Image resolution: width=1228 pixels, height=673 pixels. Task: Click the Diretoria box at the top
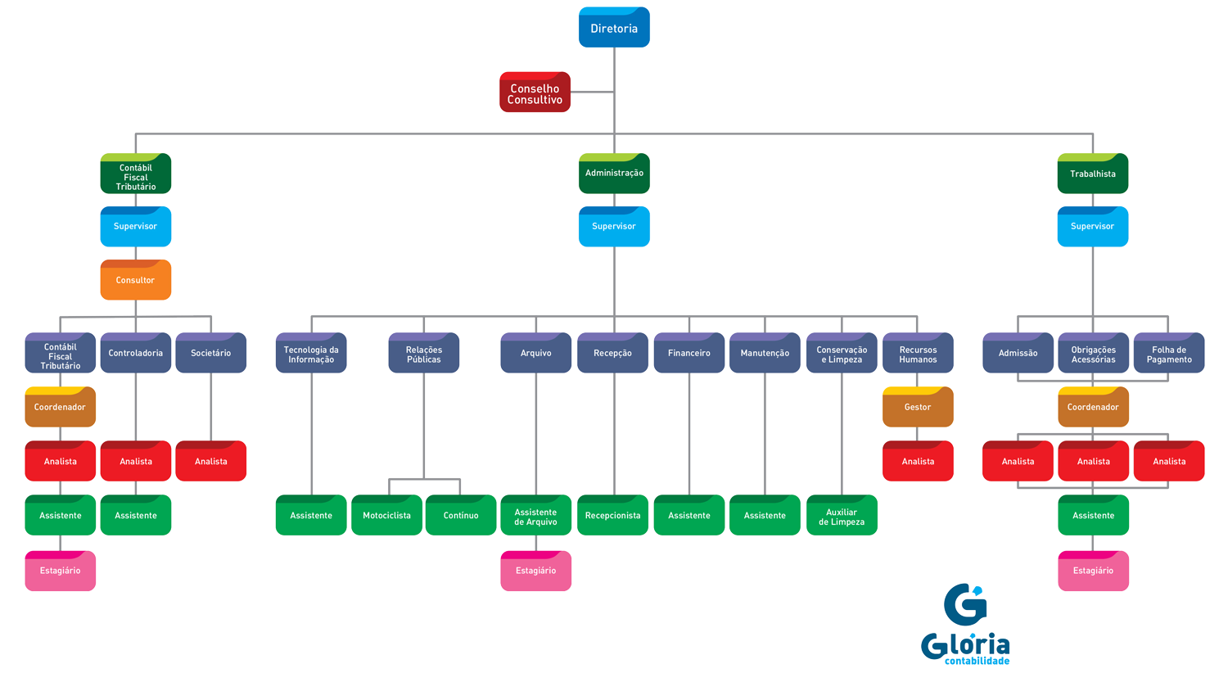click(x=614, y=28)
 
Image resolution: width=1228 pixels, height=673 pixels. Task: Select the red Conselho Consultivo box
click(x=535, y=93)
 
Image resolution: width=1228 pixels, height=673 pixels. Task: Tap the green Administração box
click(x=614, y=174)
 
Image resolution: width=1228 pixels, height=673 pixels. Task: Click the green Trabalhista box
click(x=1092, y=174)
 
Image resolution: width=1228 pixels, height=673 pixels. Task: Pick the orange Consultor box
click(x=135, y=280)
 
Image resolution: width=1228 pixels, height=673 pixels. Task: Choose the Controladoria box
click(x=135, y=353)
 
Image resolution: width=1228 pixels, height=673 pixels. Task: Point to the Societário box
click(x=210, y=353)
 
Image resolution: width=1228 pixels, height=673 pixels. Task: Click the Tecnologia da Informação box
click(x=311, y=354)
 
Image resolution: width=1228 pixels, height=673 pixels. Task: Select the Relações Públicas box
click(x=423, y=354)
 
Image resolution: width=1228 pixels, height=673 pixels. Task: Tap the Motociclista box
click(x=386, y=515)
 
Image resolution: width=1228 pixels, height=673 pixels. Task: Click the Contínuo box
click(x=461, y=515)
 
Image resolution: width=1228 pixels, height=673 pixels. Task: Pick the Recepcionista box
click(x=612, y=515)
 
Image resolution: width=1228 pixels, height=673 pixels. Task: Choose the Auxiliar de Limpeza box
click(x=842, y=516)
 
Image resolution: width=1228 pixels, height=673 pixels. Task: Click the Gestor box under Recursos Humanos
click(x=918, y=407)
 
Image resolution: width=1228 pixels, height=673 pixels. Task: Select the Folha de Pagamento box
click(x=1169, y=354)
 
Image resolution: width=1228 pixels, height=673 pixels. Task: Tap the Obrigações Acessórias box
click(x=1093, y=354)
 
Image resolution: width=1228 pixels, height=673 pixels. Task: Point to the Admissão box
click(x=1018, y=353)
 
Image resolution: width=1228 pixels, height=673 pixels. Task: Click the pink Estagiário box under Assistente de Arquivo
click(x=535, y=571)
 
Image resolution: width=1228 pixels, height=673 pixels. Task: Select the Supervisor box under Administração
click(x=614, y=227)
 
